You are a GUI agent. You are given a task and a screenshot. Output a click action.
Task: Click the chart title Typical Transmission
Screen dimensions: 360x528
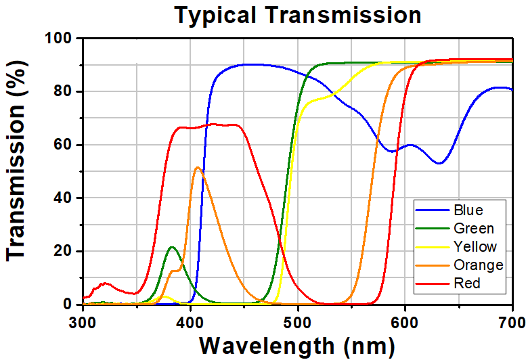tap(298, 14)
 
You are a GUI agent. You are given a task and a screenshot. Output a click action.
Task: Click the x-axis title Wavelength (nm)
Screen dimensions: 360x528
tap(296, 345)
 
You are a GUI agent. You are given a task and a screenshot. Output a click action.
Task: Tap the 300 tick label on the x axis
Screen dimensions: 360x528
tap(83, 319)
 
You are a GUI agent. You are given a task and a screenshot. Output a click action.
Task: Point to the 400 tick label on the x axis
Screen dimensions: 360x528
tap(190, 319)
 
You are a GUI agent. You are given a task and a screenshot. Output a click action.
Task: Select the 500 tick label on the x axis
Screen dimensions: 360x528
tap(298, 319)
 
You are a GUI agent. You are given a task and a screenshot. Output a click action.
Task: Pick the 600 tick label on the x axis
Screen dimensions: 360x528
tap(405, 319)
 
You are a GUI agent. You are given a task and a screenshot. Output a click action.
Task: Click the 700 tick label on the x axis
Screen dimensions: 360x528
tap(512, 319)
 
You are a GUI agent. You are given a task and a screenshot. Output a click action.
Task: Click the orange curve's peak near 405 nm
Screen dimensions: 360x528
tap(197, 167)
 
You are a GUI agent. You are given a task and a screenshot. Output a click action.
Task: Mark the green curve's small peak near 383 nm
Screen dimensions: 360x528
tap(172, 247)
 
